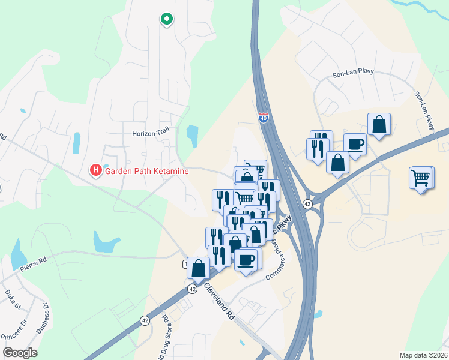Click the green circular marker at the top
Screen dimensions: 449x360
pyautogui.click(x=166, y=19)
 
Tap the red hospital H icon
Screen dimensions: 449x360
pyautogui.click(x=95, y=171)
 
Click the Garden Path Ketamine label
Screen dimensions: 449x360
pyautogui.click(x=147, y=171)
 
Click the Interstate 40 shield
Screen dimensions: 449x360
pyautogui.click(x=264, y=118)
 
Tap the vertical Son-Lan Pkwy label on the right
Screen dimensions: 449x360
pyautogui.click(x=424, y=110)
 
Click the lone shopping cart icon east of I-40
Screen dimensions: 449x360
pyautogui.click(x=421, y=178)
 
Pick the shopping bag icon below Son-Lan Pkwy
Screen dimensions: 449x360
pyautogui.click(x=379, y=125)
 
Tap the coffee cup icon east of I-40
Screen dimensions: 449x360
pyautogui.click(x=355, y=144)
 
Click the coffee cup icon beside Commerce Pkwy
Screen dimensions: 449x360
pyautogui.click(x=246, y=260)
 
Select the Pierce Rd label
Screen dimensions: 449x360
pyautogui.click(x=32, y=262)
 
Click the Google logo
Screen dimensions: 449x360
pyautogui.click(x=19, y=352)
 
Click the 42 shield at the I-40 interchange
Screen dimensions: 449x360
pyautogui.click(x=307, y=204)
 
